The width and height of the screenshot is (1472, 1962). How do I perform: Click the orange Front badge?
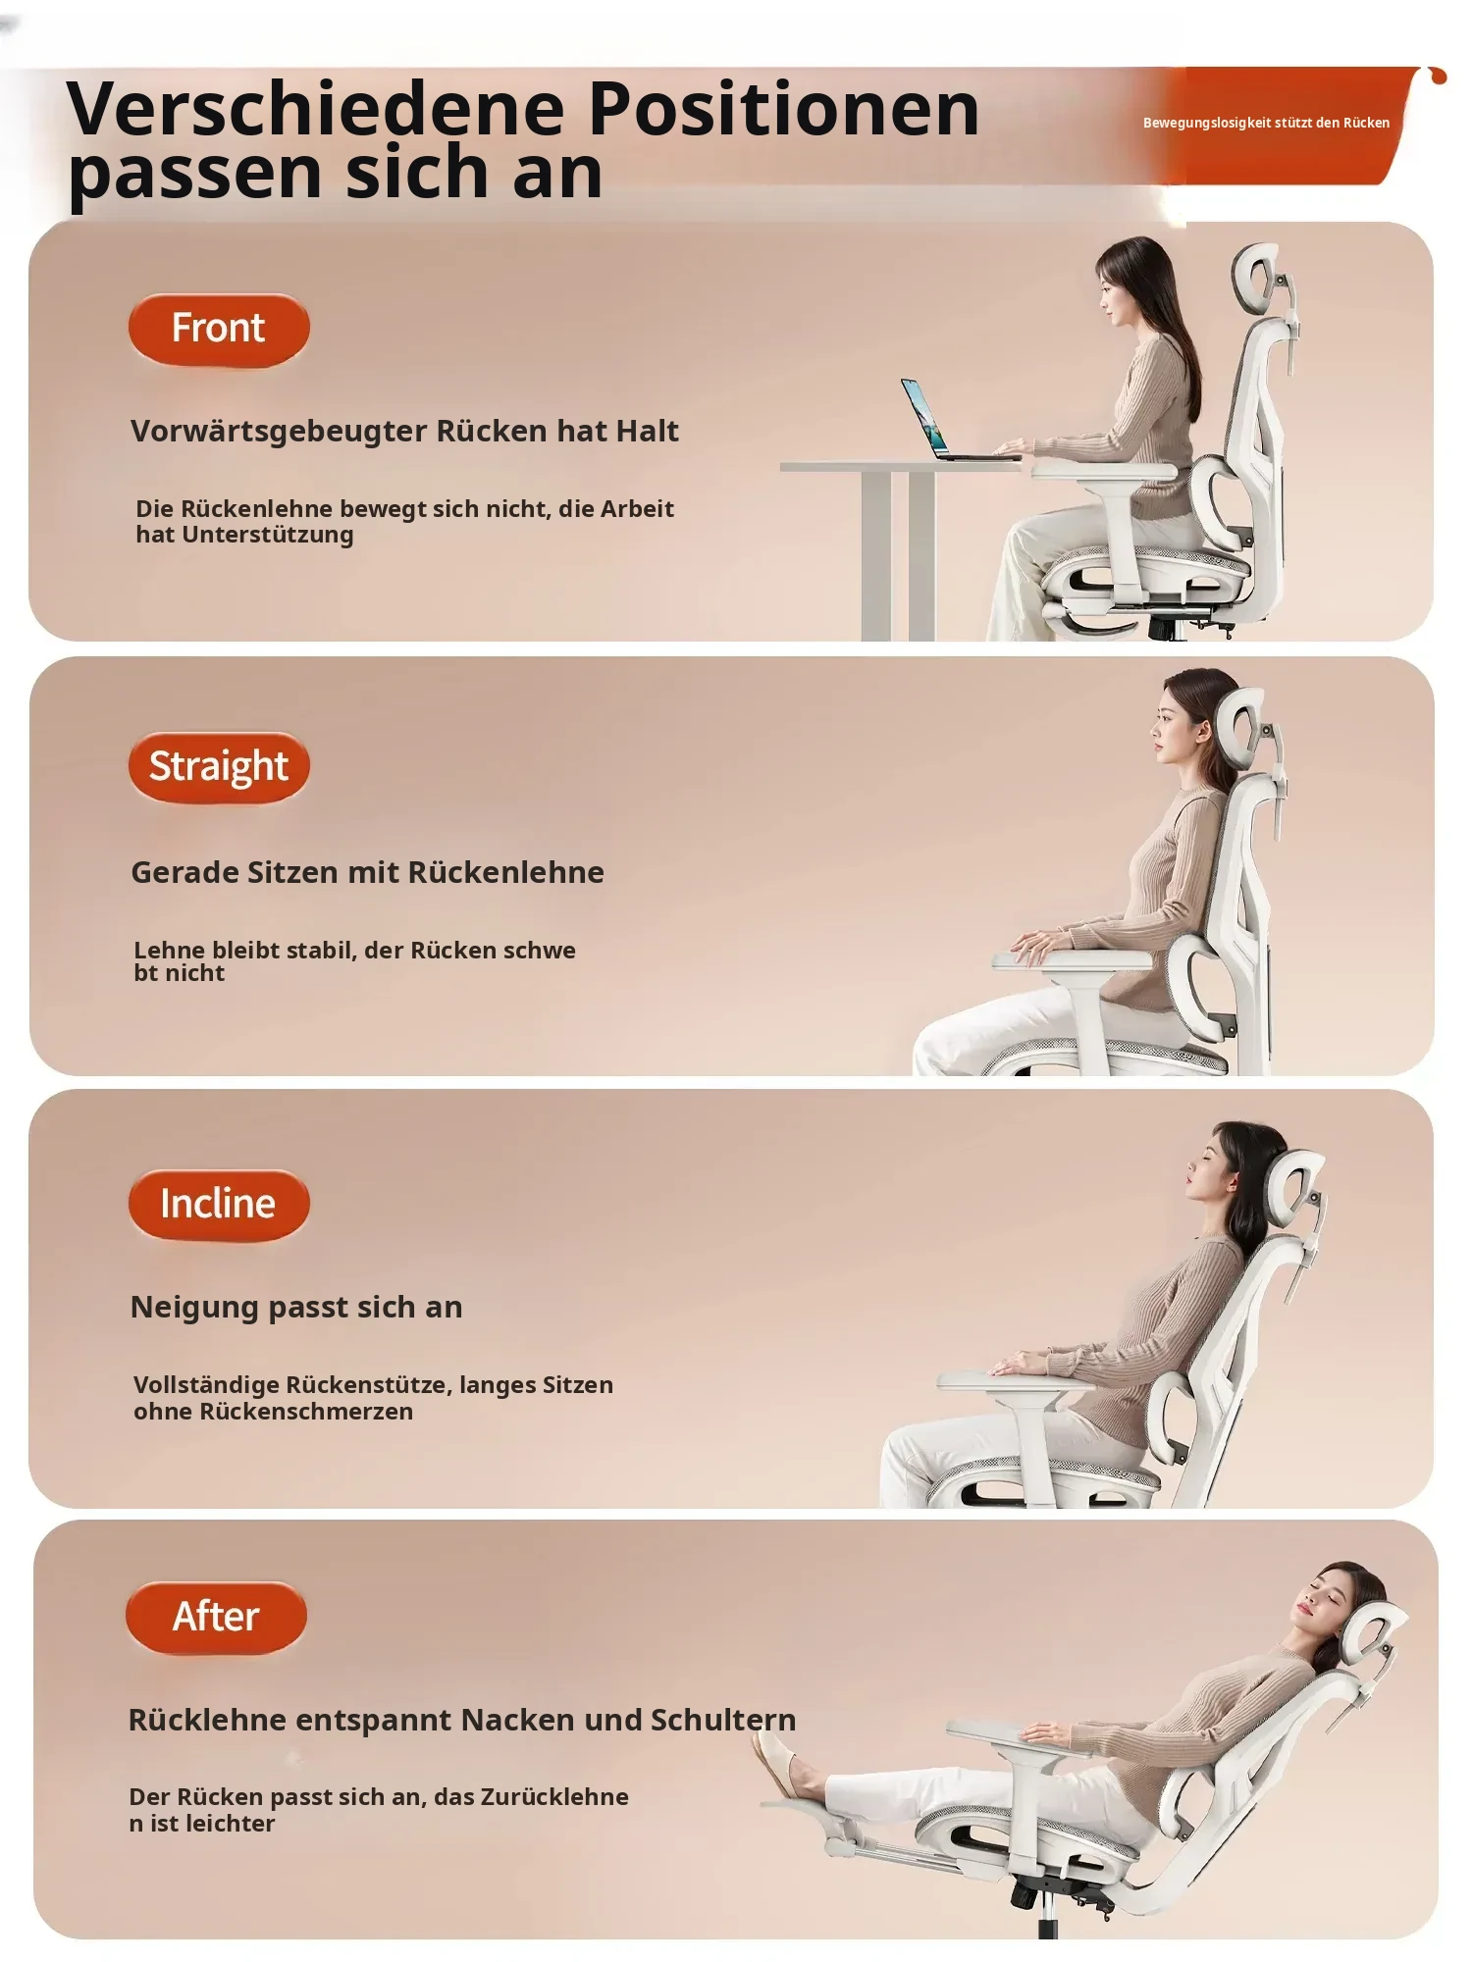pos(219,330)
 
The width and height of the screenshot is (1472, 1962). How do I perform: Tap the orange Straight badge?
pos(219,767)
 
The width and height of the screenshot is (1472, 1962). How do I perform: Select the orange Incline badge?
pos(219,1205)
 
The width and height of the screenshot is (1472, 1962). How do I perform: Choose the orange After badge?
pos(216,1617)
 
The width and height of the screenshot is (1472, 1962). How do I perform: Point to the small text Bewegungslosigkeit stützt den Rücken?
pos(1266,123)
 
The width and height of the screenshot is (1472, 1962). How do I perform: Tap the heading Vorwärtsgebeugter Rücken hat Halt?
pos(404,432)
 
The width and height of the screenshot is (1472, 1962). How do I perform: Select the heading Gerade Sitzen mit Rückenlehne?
pos(367,872)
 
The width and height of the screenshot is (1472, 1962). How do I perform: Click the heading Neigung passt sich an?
pos(296,1308)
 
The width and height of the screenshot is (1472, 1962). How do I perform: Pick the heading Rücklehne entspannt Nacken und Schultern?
pos(462,1720)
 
